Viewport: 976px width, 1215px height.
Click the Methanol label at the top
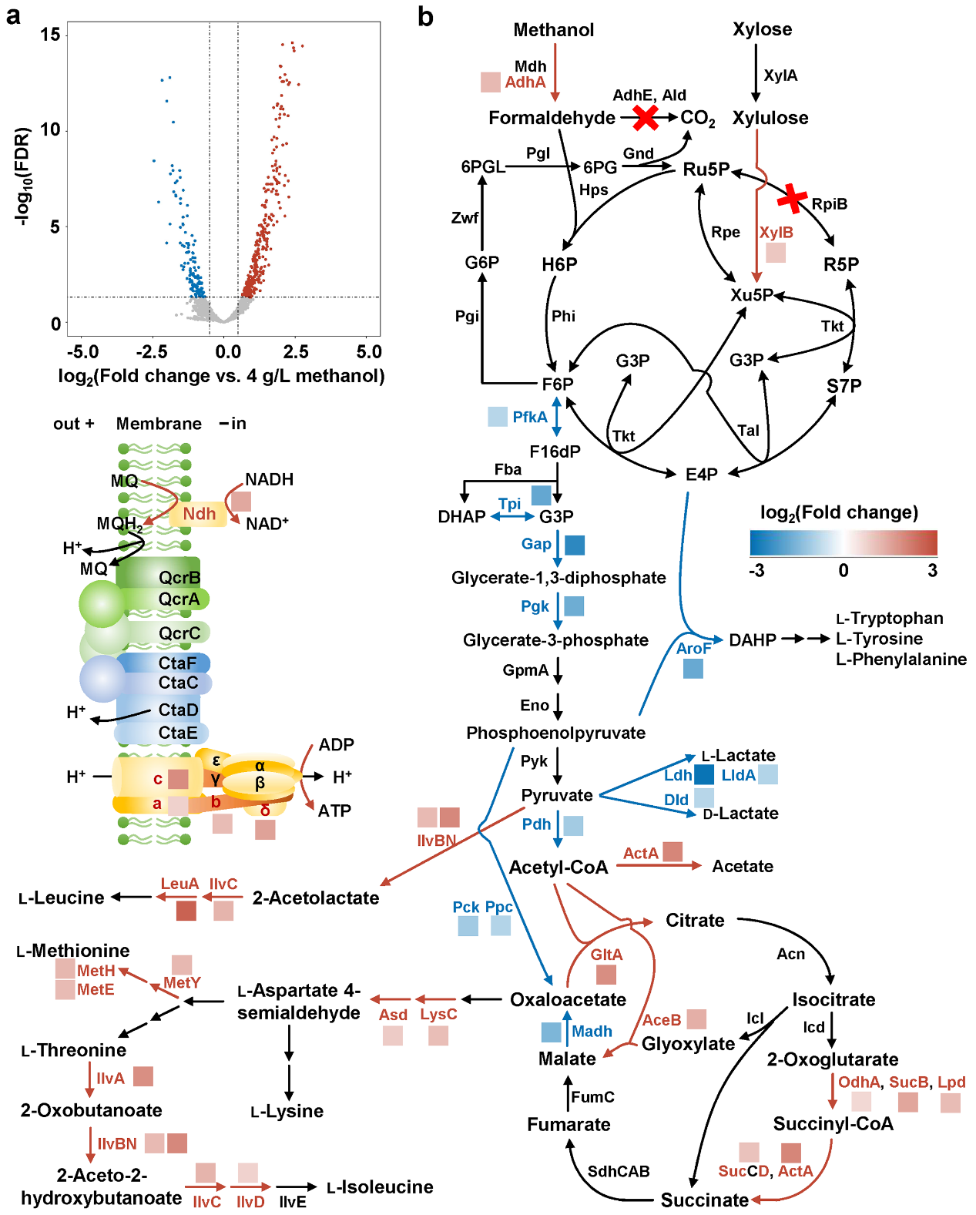(x=553, y=30)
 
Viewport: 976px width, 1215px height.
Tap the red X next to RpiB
(x=792, y=198)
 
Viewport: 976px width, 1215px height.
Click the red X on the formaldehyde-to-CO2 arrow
(x=646, y=118)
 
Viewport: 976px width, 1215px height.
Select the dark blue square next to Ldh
(x=704, y=775)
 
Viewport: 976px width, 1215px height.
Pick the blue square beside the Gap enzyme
(x=575, y=545)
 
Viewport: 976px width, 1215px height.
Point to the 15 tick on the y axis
(x=50, y=35)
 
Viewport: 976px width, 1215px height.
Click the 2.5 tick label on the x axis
(x=296, y=352)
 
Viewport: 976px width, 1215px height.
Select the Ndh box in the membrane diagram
(x=200, y=514)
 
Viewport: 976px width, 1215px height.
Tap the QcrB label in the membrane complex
(x=179, y=578)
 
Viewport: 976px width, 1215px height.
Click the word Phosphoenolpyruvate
(x=555, y=733)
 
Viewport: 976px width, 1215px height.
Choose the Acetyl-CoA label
(x=558, y=868)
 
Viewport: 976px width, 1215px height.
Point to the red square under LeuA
(x=186, y=911)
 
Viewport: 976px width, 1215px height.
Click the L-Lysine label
(x=287, y=1111)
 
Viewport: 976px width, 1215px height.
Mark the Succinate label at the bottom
(x=704, y=1200)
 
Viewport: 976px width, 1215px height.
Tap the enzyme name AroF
(x=693, y=649)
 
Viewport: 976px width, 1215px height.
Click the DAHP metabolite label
(x=753, y=639)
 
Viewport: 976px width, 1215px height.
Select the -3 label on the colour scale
(x=756, y=570)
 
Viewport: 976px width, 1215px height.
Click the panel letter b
(x=425, y=17)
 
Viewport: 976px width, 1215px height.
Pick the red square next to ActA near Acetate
(x=672, y=851)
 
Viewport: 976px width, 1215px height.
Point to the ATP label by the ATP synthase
(x=334, y=811)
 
